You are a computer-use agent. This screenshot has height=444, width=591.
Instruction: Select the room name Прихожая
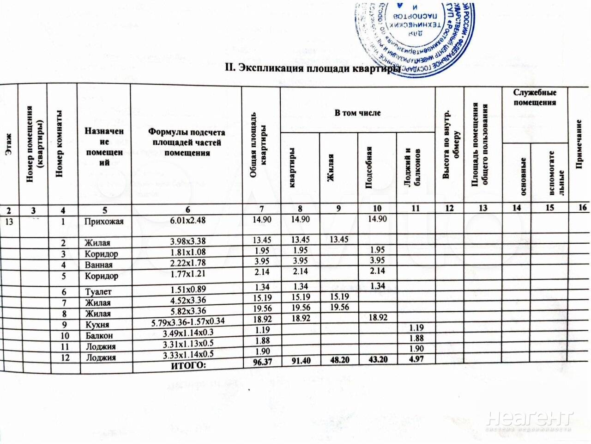coord(104,221)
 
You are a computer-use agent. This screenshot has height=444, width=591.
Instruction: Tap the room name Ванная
coord(98,265)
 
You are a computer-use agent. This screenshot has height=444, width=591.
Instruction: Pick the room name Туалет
coord(98,292)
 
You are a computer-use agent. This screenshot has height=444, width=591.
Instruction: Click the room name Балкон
coord(99,335)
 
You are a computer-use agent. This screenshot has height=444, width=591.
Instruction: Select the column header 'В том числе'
coord(357,112)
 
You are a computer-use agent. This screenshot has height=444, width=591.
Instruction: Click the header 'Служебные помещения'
coord(534,97)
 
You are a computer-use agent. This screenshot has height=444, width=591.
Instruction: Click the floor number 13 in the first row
coord(9,222)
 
